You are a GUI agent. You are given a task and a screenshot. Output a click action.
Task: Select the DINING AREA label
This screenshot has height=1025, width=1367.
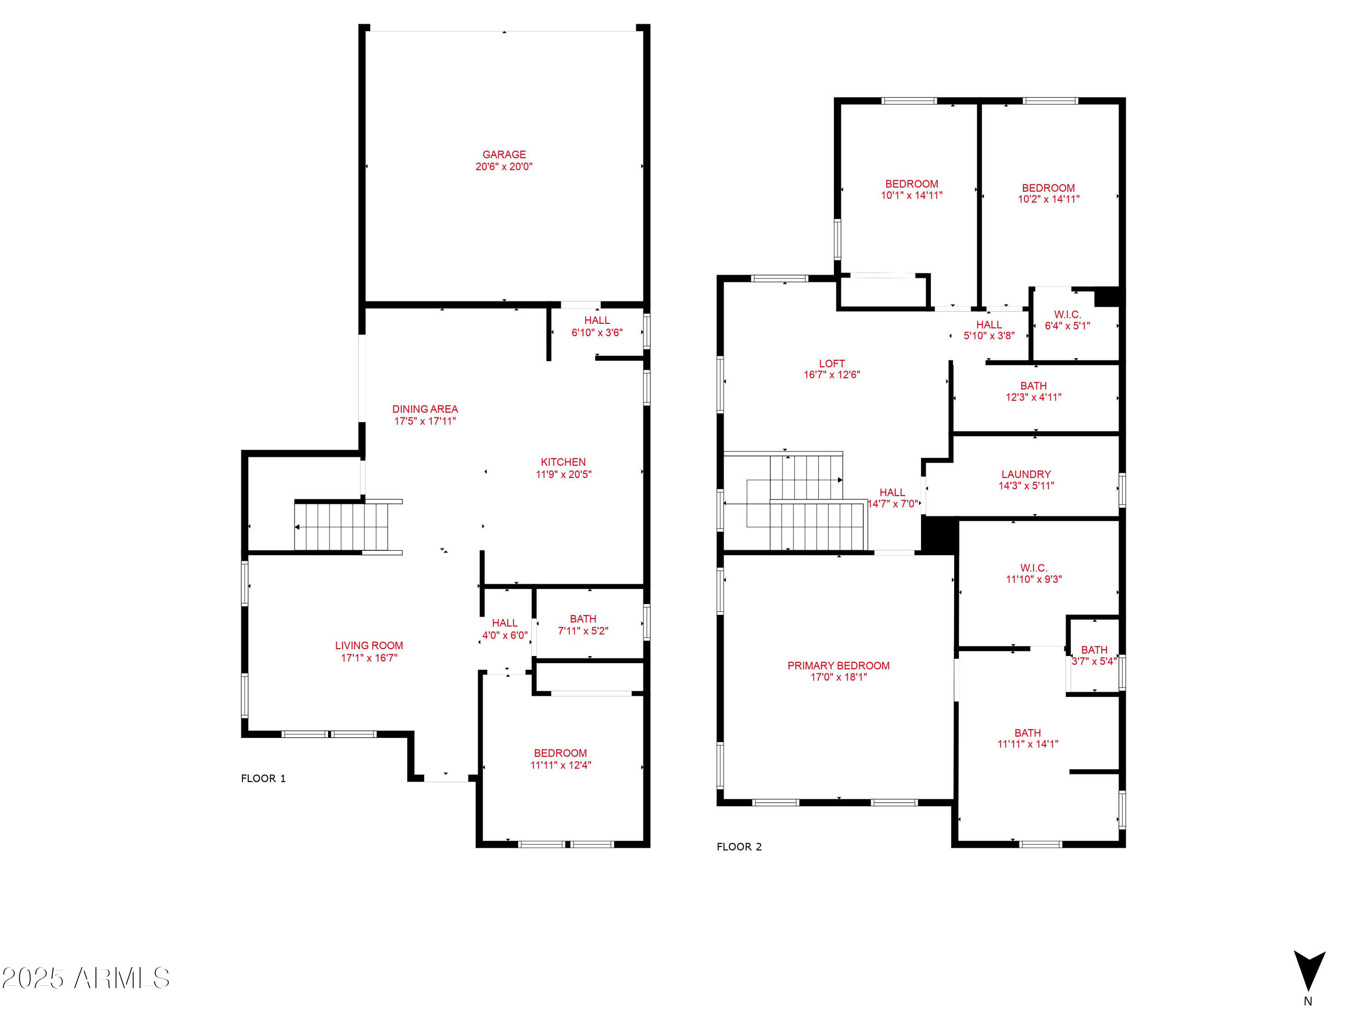point(425,409)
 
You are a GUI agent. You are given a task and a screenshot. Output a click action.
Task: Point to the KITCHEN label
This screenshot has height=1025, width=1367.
point(563,462)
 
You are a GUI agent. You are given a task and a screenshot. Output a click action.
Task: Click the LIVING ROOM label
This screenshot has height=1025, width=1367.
point(369,646)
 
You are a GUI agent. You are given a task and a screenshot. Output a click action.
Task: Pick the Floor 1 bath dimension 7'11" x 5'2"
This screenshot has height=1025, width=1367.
point(583,631)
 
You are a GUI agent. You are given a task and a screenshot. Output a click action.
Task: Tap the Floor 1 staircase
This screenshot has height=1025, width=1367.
point(341,527)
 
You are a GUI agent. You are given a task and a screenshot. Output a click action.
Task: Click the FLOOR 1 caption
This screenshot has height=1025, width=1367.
point(263,779)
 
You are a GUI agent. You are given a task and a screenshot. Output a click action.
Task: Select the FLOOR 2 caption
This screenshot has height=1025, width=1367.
point(739,847)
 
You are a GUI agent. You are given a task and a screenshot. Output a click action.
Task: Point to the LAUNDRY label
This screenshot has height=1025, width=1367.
point(1026,475)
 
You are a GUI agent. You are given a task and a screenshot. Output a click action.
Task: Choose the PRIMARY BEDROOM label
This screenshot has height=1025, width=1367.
point(838,666)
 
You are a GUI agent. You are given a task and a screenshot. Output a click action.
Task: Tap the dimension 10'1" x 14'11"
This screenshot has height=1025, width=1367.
point(911,195)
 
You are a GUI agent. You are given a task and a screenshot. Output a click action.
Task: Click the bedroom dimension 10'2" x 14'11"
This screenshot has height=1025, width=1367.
point(1049,199)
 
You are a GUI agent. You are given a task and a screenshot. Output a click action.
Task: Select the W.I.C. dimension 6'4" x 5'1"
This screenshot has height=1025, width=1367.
point(1067,326)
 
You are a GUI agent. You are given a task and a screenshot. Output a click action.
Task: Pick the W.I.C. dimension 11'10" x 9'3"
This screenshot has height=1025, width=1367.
point(1034,579)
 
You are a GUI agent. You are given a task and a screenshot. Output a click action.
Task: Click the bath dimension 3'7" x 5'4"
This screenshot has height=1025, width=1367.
point(1094,661)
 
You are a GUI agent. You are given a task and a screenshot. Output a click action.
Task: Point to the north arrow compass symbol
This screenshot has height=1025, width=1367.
point(1310,970)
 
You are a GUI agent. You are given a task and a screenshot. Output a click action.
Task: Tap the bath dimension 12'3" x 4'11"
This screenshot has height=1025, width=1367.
point(1033,397)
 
